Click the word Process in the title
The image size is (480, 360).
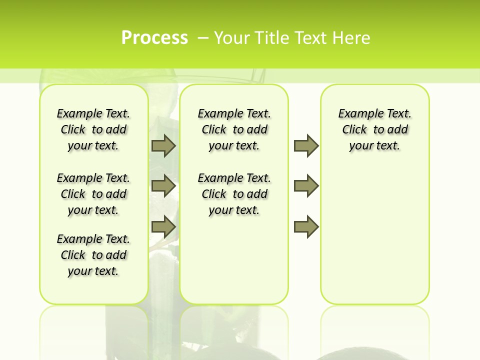point(154,38)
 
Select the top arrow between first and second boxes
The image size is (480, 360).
point(163,145)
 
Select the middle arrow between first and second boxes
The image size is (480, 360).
point(163,186)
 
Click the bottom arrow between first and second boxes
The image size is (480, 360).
point(163,227)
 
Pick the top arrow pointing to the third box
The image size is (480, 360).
point(306,145)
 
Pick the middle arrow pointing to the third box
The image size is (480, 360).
point(306,186)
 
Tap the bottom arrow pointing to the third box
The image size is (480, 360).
point(306,227)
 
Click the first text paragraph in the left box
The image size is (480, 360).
point(93,129)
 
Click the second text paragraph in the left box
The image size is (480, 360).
point(93,194)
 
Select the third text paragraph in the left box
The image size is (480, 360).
point(93,255)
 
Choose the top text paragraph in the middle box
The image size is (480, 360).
point(234,129)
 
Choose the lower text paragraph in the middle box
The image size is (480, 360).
point(234,194)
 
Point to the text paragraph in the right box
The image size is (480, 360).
point(374,129)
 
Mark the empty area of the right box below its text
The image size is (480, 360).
point(374,230)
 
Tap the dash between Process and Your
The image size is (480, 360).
point(203,38)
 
